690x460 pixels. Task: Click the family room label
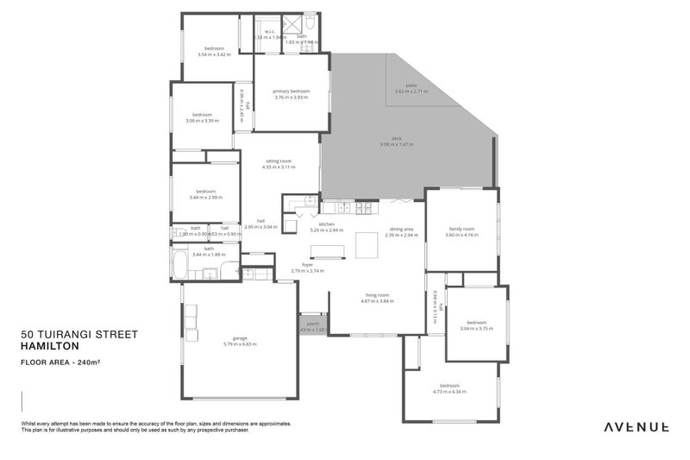point(461,229)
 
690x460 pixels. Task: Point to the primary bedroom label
point(291,91)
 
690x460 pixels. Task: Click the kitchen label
point(327,225)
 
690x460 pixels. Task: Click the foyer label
point(307,265)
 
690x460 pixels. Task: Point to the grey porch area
point(311,325)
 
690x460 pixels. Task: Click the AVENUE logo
point(636,426)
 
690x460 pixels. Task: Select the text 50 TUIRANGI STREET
point(79,334)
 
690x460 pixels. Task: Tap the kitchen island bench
point(325,251)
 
